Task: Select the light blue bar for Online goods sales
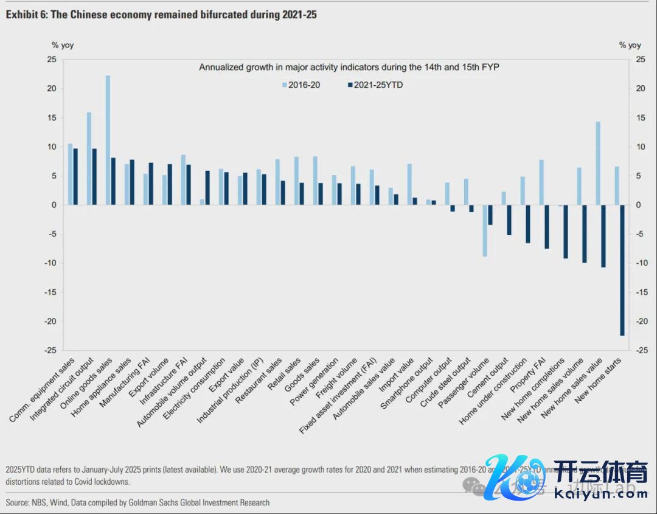coord(108,140)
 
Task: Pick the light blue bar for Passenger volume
coord(485,231)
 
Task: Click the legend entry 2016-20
coord(301,85)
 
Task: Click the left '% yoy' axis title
coord(63,45)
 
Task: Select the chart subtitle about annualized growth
coord(349,68)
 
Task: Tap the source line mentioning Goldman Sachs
coord(137,502)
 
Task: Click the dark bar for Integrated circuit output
coord(94,177)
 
